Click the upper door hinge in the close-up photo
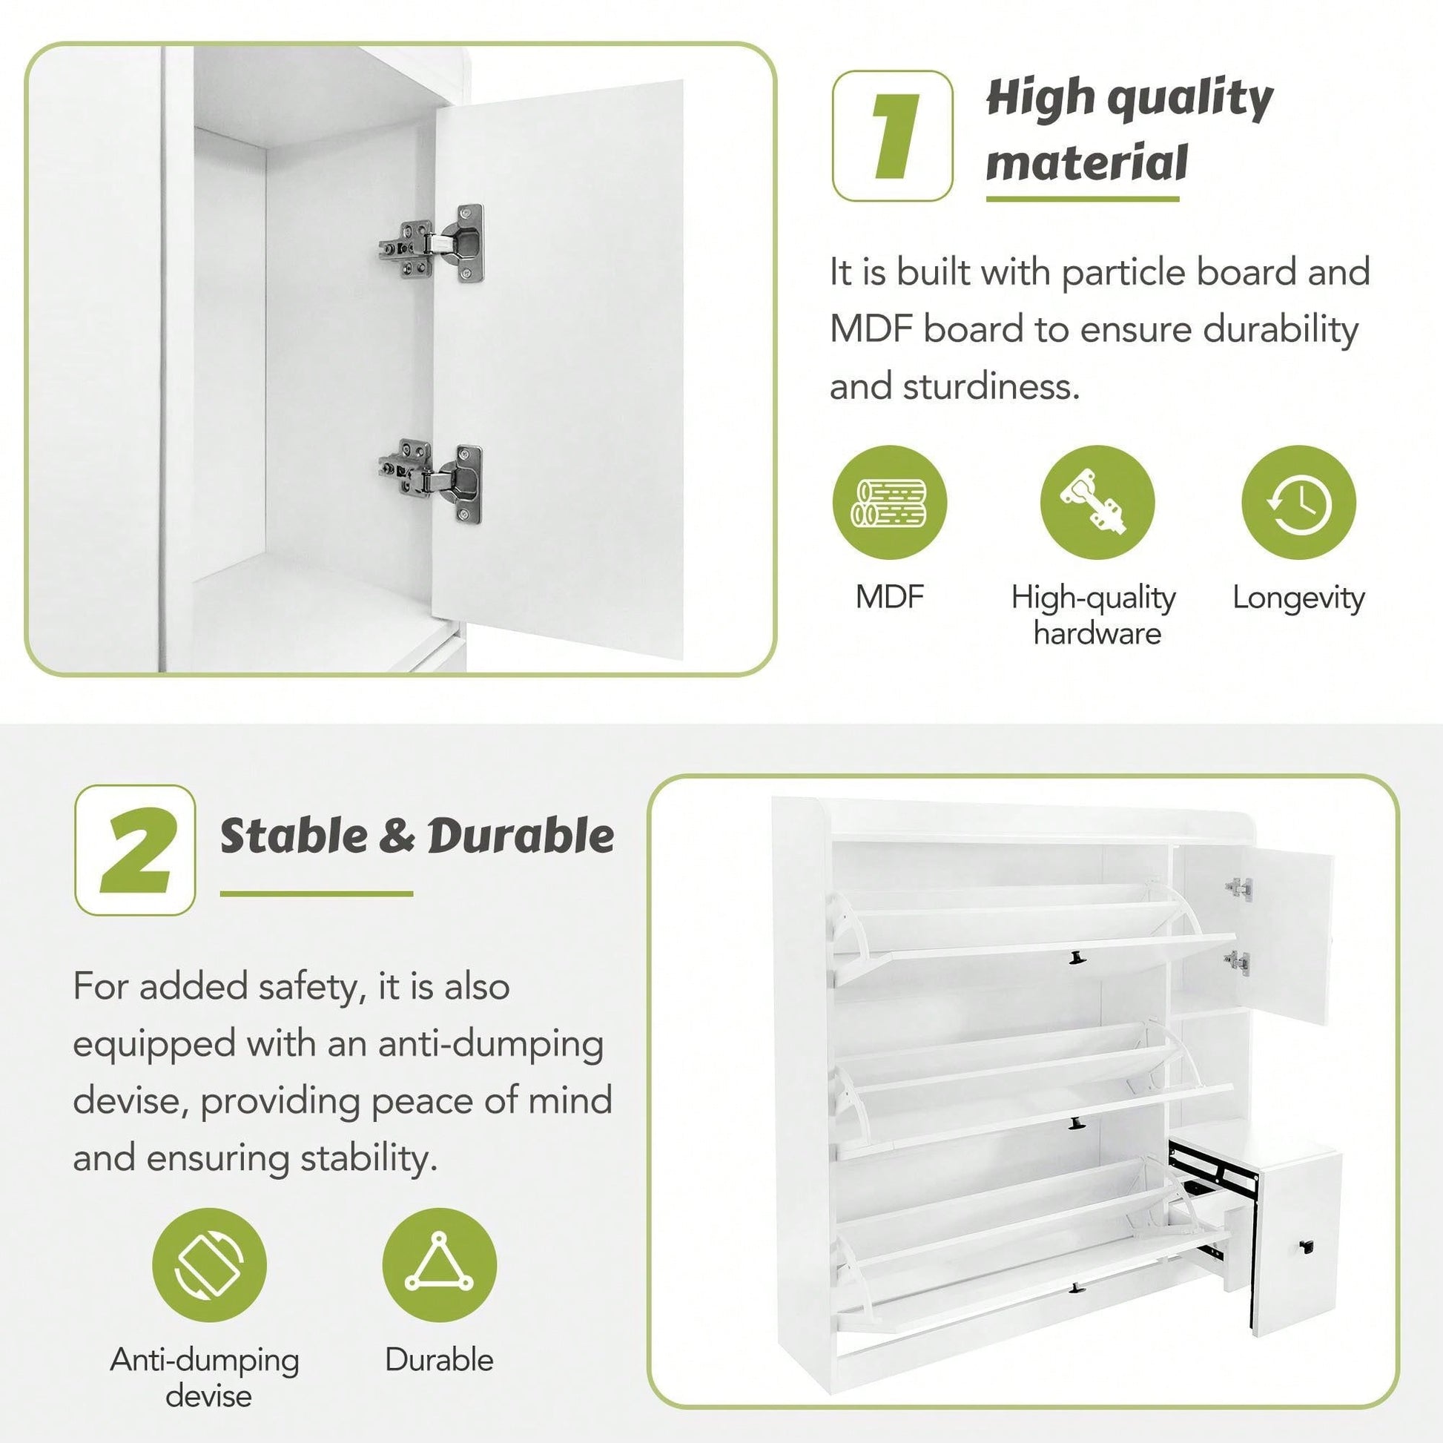point(432,242)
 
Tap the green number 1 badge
point(893,136)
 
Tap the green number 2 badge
point(135,850)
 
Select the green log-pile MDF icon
point(890,503)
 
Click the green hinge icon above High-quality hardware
point(1097,503)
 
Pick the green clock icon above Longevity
point(1298,503)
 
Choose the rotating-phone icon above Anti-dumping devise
point(209,1265)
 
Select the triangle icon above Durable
point(439,1265)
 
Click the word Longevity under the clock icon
point(1298,598)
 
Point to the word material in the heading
point(1087,164)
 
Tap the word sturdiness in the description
point(990,387)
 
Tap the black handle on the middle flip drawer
point(1076,1122)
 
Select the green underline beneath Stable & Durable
point(317,894)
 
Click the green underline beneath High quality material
point(1083,199)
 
